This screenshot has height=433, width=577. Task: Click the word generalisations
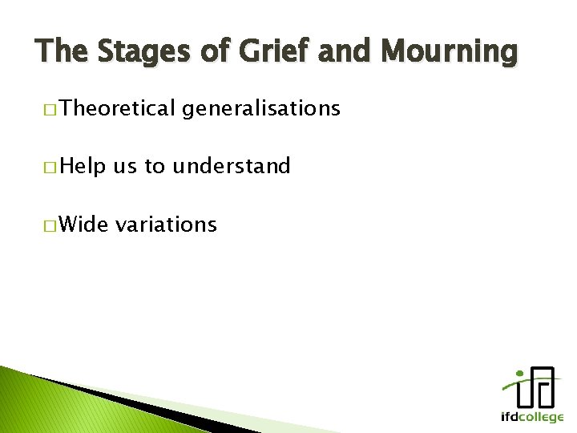[260, 109]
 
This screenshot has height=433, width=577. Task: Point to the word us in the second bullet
[125, 168]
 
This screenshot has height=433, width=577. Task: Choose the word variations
[166, 224]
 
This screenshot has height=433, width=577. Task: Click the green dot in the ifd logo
[521, 373]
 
